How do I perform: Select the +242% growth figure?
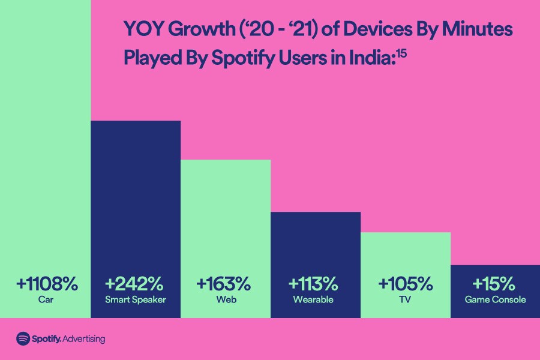pyautogui.click(x=136, y=283)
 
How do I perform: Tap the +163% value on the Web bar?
pyautogui.click(x=224, y=283)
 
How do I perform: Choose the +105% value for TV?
pyautogui.click(x=405, y=283)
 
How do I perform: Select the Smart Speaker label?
pyautogui.click(x=136, y=299)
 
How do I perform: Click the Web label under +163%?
pyautogui.click(x=224, y=299)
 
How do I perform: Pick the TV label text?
pyautogui.click(x=405, y=299)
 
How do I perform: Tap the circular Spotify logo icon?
pyautogui.click(x=23, y=338)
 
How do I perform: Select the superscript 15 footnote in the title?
pyautogui.click(x=401, y=52)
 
